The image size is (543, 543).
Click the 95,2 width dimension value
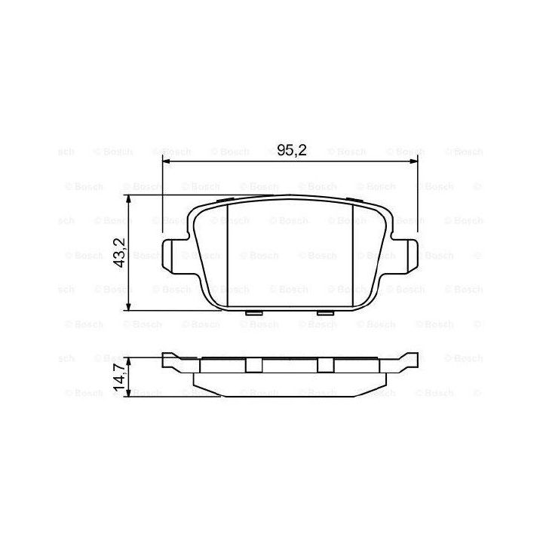(x=292, y=150)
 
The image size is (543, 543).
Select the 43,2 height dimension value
(x=120, y=253)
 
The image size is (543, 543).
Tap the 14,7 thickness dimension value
(x=120, y=378)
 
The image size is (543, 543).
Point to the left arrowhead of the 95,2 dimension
(x=167, y=161)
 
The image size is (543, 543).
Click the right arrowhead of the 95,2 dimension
(x=414, y=161)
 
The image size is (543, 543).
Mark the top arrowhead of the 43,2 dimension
(x=128, y=199)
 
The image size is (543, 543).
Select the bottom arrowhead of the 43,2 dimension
(x=128, y=306)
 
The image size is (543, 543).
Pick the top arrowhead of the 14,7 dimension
(x=128, y=361)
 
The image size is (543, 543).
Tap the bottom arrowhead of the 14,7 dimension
(x=128, y=392)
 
